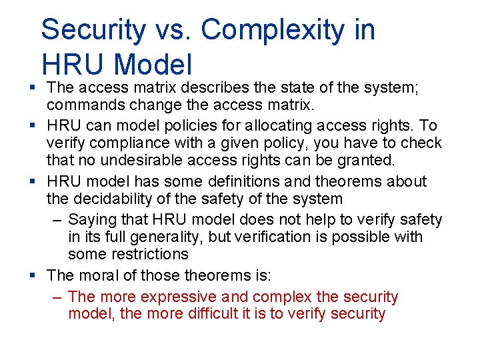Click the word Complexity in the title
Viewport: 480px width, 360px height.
click(x=288, y=30)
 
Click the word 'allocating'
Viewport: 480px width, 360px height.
click(x=263, y=125)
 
